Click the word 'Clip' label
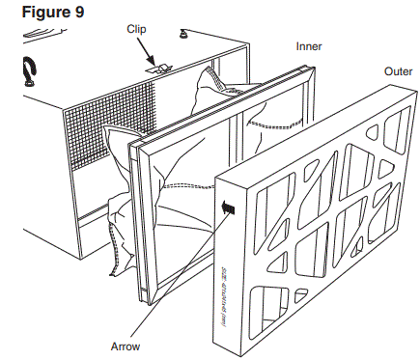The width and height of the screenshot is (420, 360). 137,28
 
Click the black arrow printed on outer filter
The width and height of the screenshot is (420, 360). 229,205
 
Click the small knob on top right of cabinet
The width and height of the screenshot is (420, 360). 182,38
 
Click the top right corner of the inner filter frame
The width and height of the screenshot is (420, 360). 311,68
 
